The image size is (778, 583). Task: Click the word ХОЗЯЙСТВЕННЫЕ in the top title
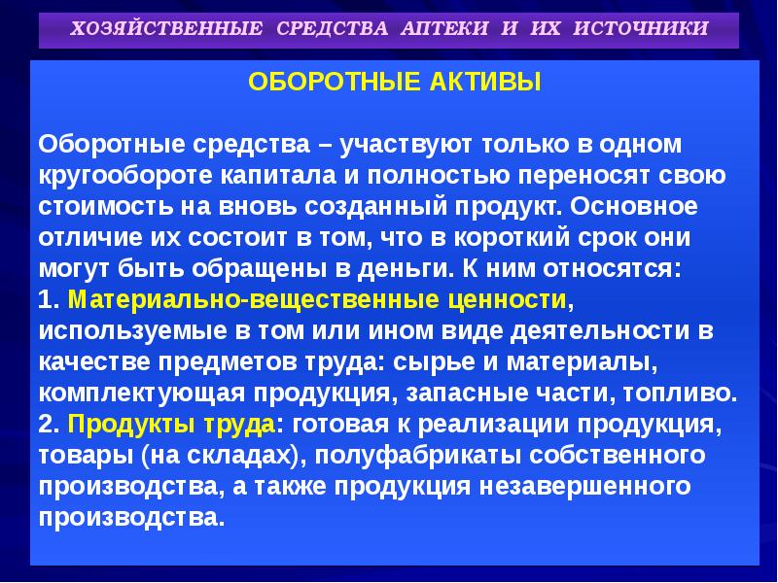tap(166, 28)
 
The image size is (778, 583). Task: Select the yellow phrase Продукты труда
tap(172, 425)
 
